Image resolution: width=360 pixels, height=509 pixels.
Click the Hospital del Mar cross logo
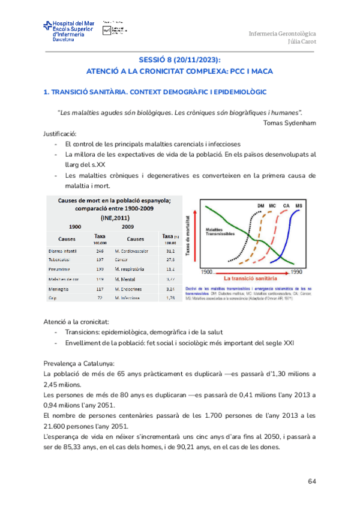(47, 27)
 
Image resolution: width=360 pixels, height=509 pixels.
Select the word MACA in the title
(260, 71)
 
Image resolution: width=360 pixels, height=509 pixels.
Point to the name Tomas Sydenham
(289, 122)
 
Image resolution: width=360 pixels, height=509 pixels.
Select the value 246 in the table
(100, 250)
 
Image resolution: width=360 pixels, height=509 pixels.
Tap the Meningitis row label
(60, 288)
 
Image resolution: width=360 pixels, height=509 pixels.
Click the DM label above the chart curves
(261, 206)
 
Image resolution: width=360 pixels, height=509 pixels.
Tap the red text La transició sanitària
(251, 279)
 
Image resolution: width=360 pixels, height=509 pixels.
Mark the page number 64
(311, 481)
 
